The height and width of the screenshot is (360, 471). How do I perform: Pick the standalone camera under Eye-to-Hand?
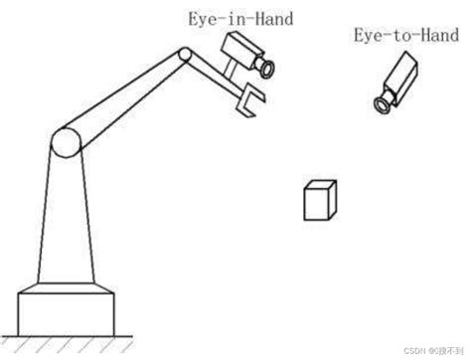coord(400,79)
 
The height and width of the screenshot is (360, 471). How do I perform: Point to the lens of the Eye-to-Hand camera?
coord(381,103)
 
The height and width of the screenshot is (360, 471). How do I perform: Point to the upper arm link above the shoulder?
coord(124,96)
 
